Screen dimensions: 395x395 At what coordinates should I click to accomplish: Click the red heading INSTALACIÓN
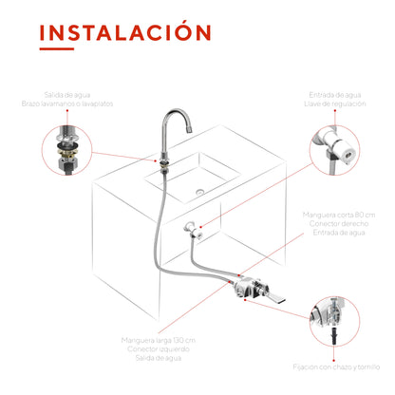coord(125,31)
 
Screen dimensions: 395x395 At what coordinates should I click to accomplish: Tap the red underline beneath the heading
coord(57,48)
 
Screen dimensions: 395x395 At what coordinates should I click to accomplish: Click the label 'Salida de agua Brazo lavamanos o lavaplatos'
coord(67,99)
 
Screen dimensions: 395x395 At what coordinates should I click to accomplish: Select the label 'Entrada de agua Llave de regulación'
coord(335,99)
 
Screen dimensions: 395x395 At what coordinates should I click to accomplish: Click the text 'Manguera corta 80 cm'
coord(339,215)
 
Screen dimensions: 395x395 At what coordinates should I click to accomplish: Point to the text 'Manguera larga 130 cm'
coord(159,340)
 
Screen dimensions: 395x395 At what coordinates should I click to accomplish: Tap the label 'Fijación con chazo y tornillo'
coord(336,367)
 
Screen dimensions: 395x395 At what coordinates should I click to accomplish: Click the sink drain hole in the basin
coord(199,191)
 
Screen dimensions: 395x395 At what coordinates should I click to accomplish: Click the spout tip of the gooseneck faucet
coord(189,129)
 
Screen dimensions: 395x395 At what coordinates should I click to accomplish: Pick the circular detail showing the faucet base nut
coord(66,150)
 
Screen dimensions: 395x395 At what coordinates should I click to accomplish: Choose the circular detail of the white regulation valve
coord(334,150)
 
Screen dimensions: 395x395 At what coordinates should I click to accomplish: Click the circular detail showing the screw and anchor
coord(334,322)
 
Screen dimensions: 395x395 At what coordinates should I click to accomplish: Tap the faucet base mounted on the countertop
coord(164,162)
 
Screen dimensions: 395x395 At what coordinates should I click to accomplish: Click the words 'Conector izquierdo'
coord(159,349)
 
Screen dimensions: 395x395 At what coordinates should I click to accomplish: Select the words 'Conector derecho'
coord(339,224)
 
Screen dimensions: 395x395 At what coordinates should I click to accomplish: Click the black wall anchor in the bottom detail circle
coord(333,336)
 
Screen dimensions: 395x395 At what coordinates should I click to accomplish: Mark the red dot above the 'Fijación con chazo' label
coord(333,360)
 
